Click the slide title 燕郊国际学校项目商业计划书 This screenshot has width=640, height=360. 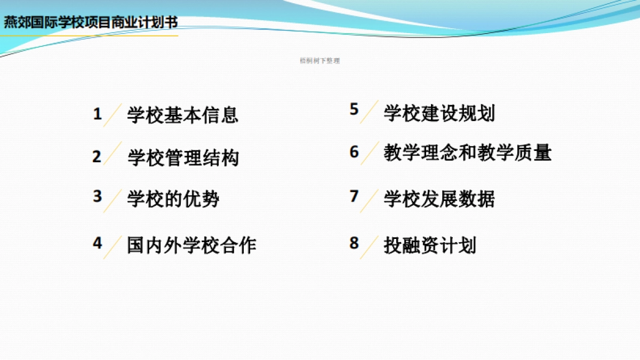pos(91,22)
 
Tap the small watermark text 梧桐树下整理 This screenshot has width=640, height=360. pos(319,61)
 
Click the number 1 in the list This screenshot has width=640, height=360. pos(97,114)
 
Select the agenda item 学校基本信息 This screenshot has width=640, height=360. pos(182,115)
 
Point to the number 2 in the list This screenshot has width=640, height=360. pos(97,157)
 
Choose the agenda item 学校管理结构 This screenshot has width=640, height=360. pos(183,158)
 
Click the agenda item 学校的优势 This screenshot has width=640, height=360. pos(173,199)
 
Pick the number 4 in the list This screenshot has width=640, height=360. pos(97,243)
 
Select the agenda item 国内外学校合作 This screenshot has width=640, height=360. pos(191,245)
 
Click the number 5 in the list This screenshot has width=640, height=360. pos(354,109)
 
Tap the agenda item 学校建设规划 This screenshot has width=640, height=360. pos(439,113)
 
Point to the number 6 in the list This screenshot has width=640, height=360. pos(354,152)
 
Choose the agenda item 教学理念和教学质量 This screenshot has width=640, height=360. pos(467,153)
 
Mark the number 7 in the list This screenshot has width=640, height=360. pos(354,196)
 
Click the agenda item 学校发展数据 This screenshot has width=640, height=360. pos(439,199)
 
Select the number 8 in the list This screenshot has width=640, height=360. pos(354,243)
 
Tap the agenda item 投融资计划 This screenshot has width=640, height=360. pos(429,245)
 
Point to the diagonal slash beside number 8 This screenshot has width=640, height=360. pos(370,247)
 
